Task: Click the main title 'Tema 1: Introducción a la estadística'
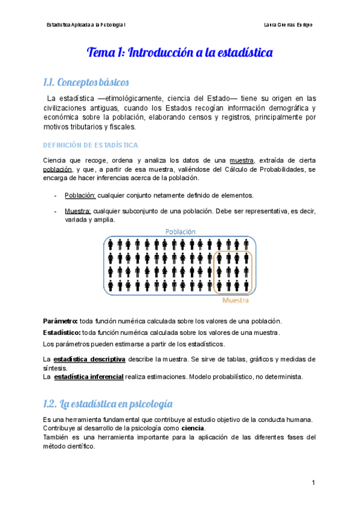pyautogui.click(x=180, y=53)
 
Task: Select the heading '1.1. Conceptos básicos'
pyautogui.click(x=86, y=82)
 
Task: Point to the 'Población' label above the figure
pyautogui.click(x=179, y=231)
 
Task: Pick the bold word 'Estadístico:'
pyautogui.click(x=62, y=333)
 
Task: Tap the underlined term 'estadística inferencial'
pyautogui.click(x=89, y=376)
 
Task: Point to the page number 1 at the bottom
pyautogui.click(x=313, y=483)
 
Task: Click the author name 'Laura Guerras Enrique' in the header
pyautogui.click(x=288, y=25)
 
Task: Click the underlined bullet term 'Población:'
pyautogui.click(x=80, y=195)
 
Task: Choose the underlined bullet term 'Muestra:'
pyautogui.click(x=78, y=211)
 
